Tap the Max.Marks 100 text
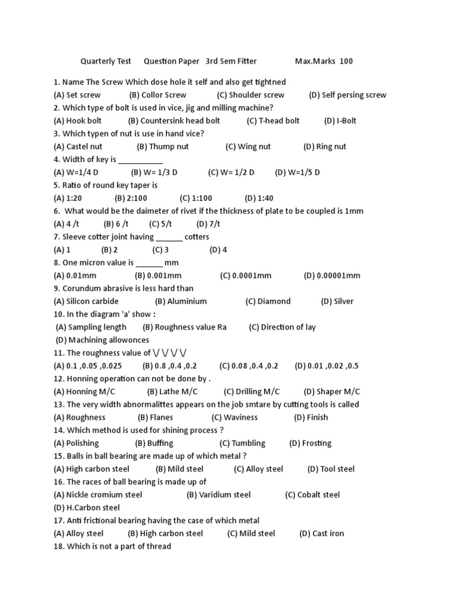coord(324,61)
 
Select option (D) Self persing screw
coord(347,95)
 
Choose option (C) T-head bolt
coord(273,121)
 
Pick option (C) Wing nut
coord(248,147)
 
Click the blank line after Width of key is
coord(141,160)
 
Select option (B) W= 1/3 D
coord(154,172)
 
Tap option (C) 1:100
coord(196,198)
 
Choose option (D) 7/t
coord(208,224)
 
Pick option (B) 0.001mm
coord(158,275)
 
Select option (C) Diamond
coord(268,301)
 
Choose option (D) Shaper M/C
coord(332,391)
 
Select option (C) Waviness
coord(235,417)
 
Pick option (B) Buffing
coord(154,443)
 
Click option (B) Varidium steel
coord(218,495)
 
